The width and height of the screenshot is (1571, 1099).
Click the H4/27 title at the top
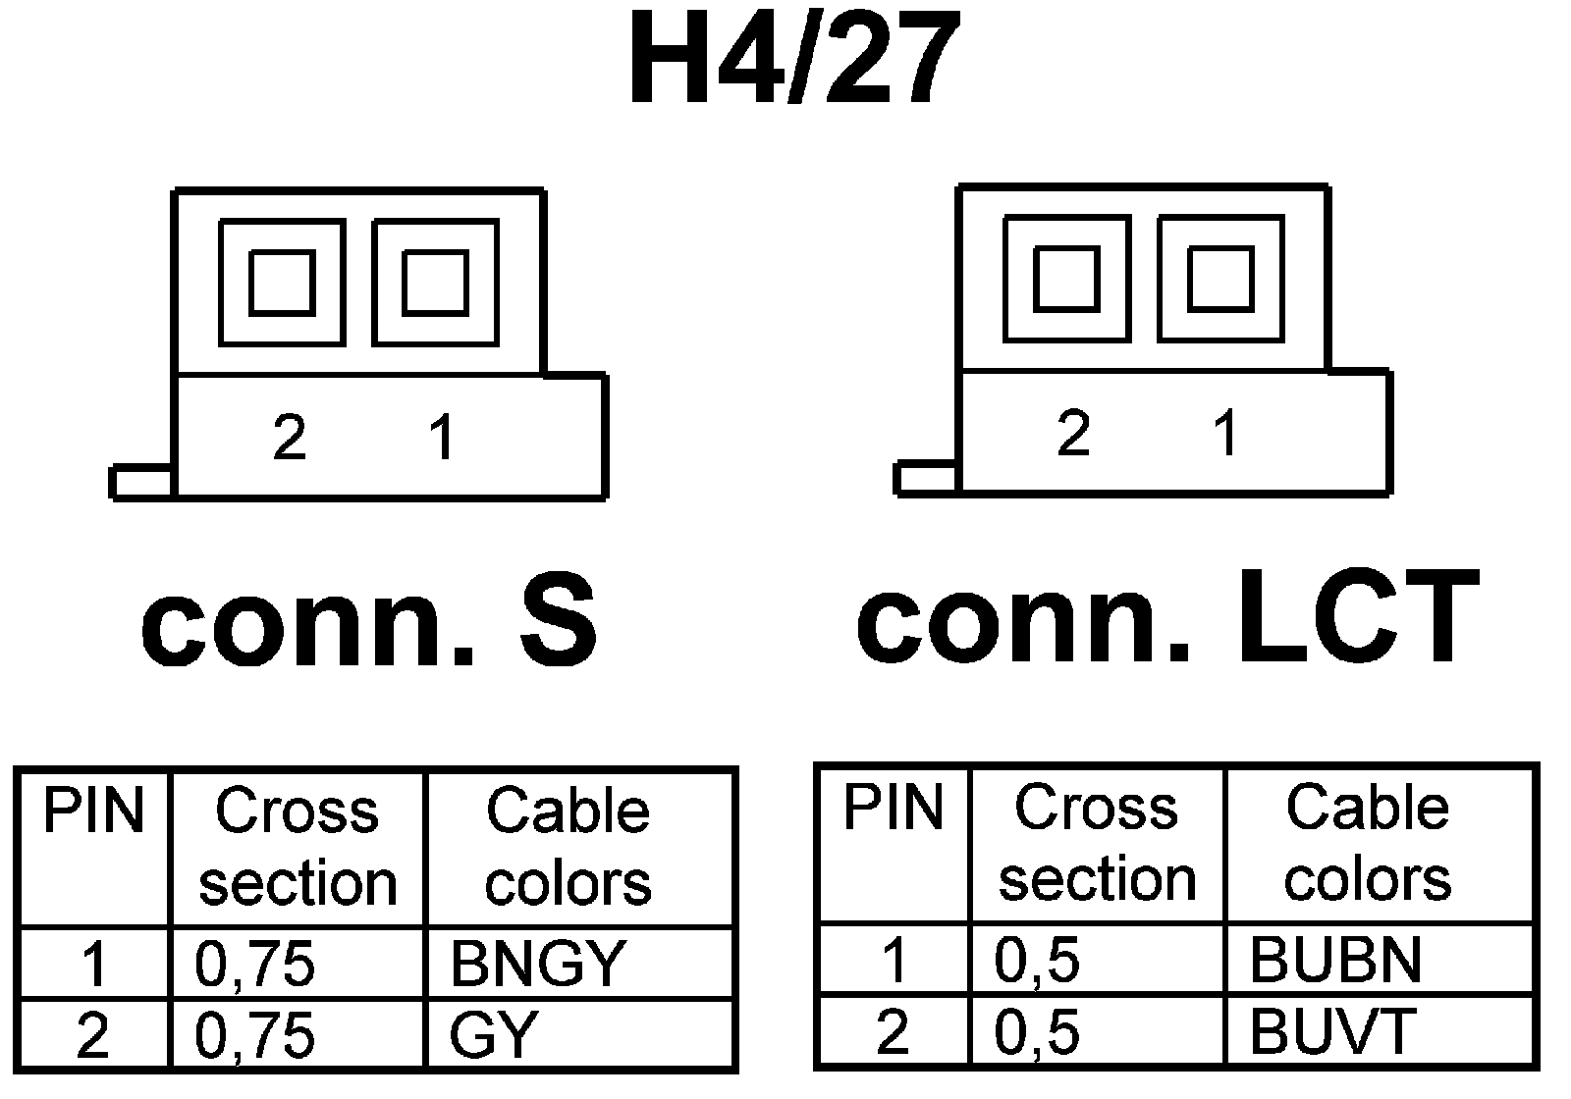[x=793, y=61]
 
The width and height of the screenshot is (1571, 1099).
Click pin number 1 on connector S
[x=443, y=437]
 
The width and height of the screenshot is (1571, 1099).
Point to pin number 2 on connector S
[x=290, y=437]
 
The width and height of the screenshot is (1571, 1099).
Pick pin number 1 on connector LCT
[x=1225, y=433]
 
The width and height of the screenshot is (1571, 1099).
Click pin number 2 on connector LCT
[x=1073, y=433]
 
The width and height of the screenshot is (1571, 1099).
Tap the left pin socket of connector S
[x=282, y=284]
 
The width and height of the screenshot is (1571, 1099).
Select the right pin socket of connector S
[x=435, y=284]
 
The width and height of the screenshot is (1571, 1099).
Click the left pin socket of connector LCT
[x=1066, y=280]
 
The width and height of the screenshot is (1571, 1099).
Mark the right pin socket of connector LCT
[x=1219, y=280]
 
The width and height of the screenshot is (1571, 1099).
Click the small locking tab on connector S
[x=141, y=483]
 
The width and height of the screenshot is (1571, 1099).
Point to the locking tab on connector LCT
[x=926, y=479]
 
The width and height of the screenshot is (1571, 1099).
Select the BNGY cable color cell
[x=538, y=964]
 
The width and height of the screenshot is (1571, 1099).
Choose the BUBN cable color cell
[x=1335, y=960]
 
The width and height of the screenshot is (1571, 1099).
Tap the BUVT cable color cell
[x=1331, y=1030]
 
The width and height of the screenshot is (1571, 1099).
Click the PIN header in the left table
[x=93, y=811]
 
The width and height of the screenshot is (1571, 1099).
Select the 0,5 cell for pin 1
[x=1037, y=960]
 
